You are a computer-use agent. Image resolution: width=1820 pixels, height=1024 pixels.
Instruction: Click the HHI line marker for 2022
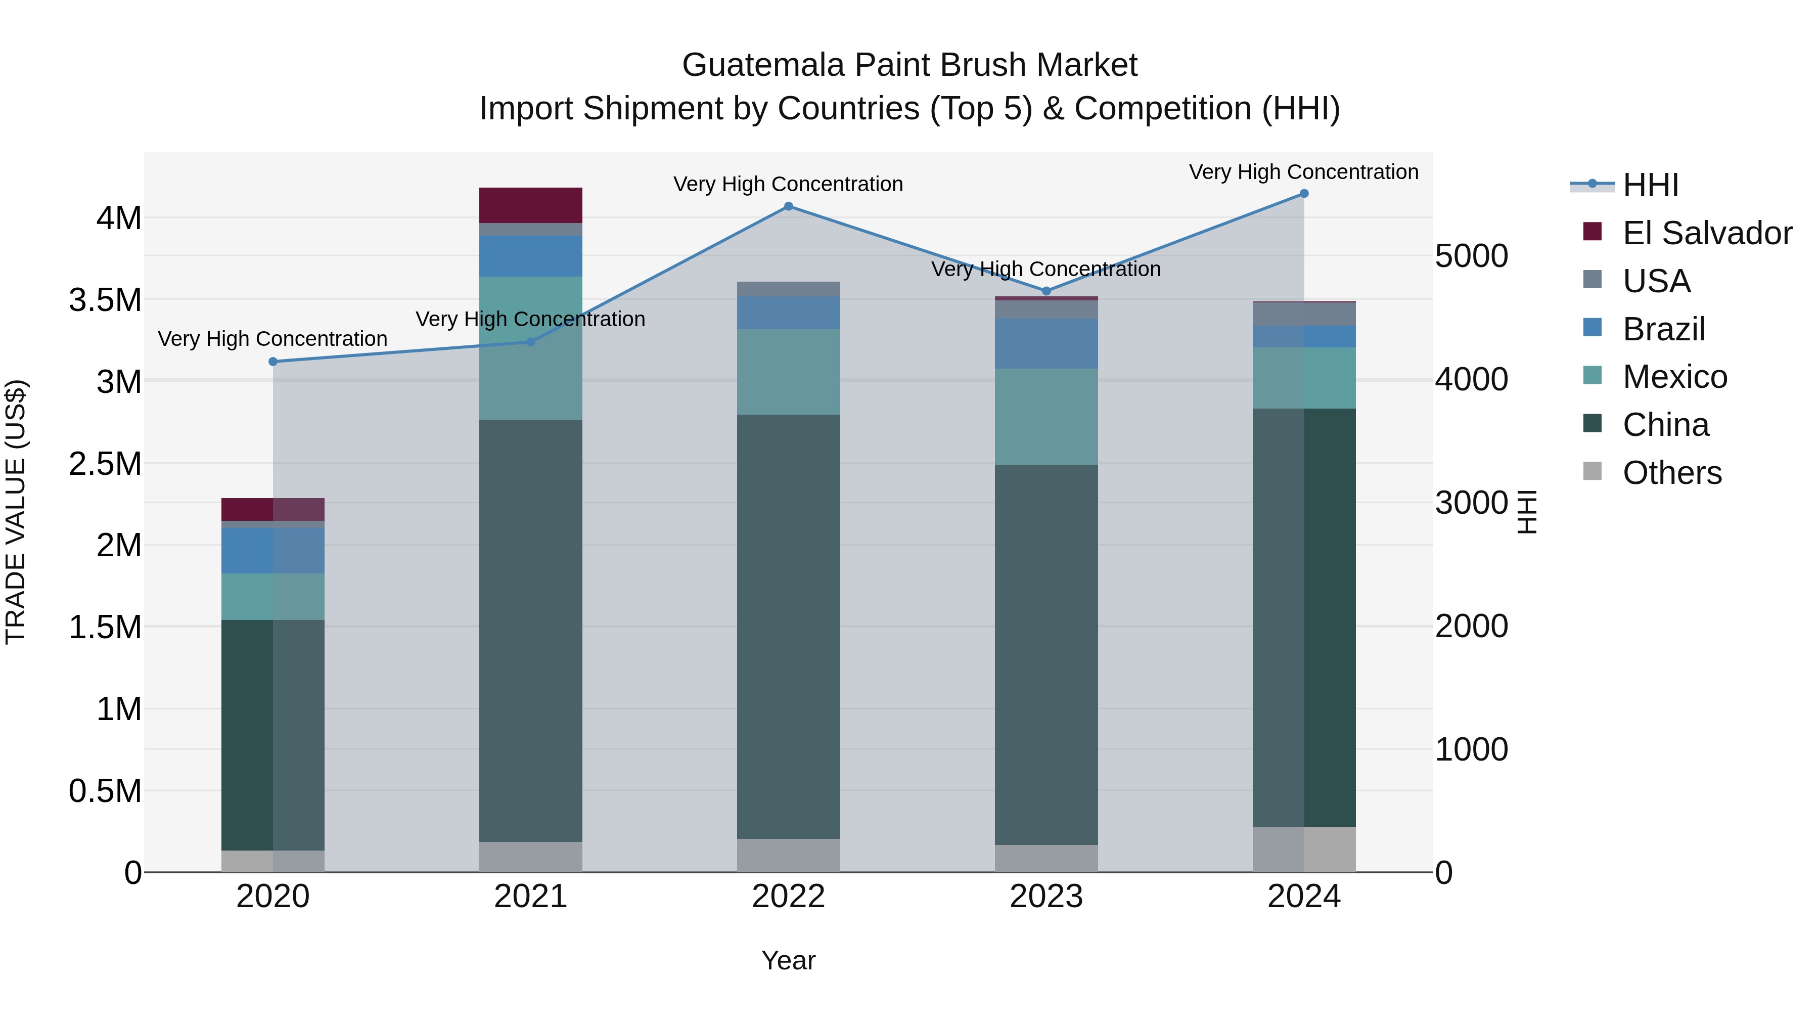pos(789,206)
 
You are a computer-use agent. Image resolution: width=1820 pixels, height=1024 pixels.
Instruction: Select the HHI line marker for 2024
pos(1304,194)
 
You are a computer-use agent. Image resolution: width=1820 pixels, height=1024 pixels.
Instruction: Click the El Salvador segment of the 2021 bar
pos(531,205)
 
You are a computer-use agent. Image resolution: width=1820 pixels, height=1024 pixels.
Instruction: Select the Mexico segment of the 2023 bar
pos(1046,416)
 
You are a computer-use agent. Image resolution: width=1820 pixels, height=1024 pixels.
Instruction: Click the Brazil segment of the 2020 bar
pos(272,551)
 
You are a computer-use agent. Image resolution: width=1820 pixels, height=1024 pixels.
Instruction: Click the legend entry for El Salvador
pos(1706,233)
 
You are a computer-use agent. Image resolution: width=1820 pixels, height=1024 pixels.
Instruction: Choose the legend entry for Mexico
pos(1674,377)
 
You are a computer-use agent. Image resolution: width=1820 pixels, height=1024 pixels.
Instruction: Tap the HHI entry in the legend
pos(1650,185)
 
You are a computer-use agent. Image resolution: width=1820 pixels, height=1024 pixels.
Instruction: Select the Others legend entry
pos(1672,473)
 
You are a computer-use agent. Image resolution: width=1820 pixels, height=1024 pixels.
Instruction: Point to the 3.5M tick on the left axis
pos(105,300)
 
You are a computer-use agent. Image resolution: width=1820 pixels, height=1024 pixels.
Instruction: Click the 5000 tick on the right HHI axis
pos(1472,256)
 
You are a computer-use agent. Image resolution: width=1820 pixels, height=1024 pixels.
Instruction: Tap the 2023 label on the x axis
pos(1046,897)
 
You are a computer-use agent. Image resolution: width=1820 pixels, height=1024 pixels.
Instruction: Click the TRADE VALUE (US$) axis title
pos(16,512)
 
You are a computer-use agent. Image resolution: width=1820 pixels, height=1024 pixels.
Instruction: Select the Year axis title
pos(789,960)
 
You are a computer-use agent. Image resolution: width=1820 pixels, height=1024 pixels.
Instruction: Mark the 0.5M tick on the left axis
pos(105,791)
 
